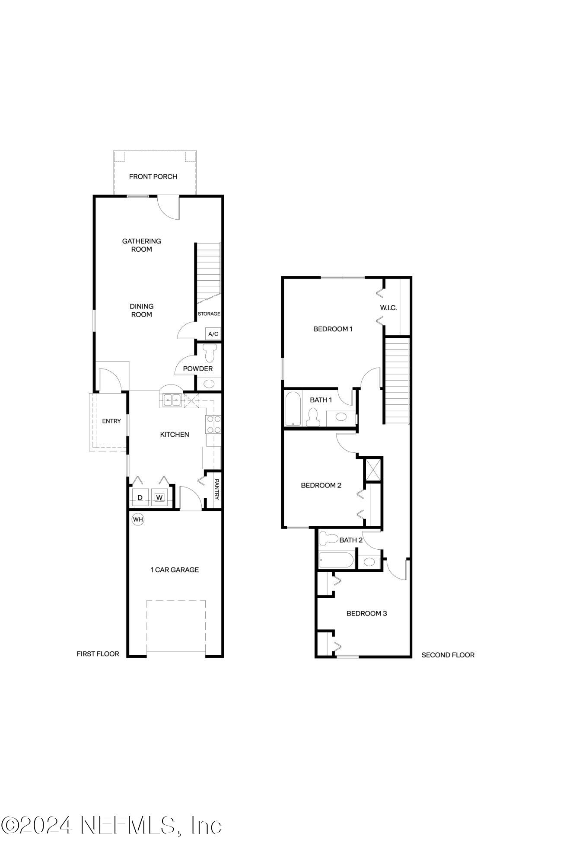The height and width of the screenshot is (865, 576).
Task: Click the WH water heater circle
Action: (137, 519)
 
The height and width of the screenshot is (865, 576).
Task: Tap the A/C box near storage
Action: (213, 334)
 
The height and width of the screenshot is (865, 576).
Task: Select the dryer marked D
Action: (140, 498)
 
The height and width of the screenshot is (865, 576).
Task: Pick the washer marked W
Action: (159, 498)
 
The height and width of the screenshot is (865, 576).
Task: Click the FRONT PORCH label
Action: (153, 176)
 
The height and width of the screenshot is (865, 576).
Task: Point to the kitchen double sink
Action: (172, 400)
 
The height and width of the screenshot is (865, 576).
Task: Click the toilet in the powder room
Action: (210, 353)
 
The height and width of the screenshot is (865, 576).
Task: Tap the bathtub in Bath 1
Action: (293, 409)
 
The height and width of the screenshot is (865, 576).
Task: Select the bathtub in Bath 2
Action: (336, 561)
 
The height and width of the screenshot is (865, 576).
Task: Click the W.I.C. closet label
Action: (388, 308)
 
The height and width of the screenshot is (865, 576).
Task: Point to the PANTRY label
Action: (217, 489)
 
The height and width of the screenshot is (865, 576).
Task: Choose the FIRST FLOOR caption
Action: (98, 654)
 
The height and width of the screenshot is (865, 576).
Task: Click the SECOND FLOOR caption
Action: (448, 655)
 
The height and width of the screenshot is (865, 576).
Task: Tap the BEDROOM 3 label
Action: (366, 613)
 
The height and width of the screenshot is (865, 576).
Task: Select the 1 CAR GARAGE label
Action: (175, 570)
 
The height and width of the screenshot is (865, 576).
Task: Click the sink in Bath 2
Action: (369, 562)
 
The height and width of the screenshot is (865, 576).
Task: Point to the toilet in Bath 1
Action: (312, 418)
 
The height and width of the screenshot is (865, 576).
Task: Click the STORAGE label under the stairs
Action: (209, 314)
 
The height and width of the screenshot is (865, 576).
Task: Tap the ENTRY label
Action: (111, 421)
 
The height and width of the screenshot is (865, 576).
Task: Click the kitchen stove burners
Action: (213, 424)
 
